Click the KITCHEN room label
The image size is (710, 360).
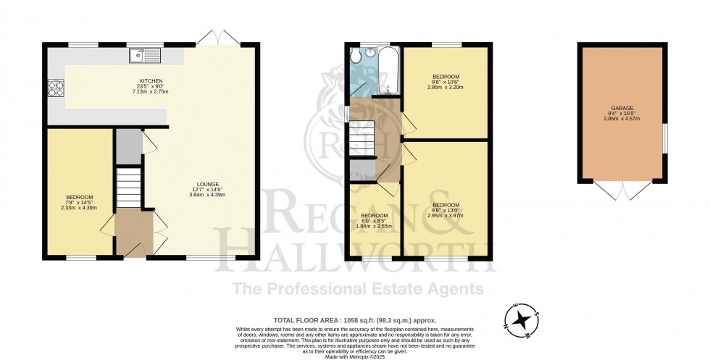point(151,80)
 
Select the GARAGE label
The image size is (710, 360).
point(622,108)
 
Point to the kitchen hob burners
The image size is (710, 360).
point(55,89)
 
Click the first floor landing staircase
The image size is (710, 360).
point(361,137)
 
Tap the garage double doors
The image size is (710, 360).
point(622,191)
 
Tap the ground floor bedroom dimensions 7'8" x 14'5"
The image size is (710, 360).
point(80,202)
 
